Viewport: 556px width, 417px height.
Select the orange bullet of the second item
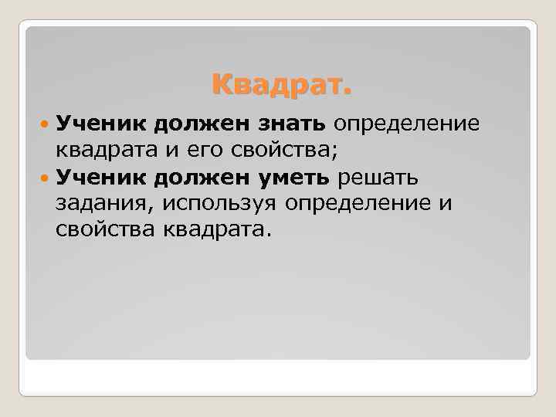tap(43, 178)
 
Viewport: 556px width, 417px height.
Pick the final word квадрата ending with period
tap(218, 231)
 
